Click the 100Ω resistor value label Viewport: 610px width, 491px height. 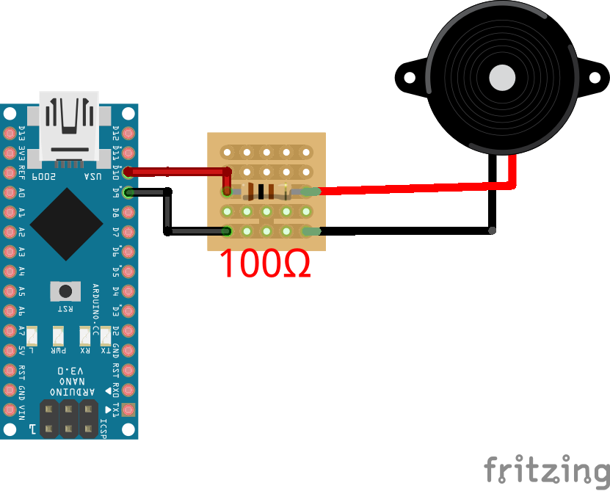[x=265, y=263]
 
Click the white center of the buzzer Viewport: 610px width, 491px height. [x=503, y=77]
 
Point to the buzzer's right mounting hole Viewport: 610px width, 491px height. [x=600, y=76]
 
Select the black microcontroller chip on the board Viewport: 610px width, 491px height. [x=67, y=224]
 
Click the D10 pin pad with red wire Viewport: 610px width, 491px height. [x=129, y=173]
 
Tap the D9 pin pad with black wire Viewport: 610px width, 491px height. [x=129, y=193]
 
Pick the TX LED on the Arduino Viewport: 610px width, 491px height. [x=105, y=335]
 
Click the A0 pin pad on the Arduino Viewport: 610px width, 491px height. [x=10, y=193]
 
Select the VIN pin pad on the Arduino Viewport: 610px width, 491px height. [x=10, y=409]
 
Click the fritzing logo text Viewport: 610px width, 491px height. [x=546, y=468]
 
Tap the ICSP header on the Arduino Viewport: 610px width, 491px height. [x=69, y=418]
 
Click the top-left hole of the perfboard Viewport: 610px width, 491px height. [x=228, y=153]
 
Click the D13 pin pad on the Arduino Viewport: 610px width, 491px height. [x=10, y=134]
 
